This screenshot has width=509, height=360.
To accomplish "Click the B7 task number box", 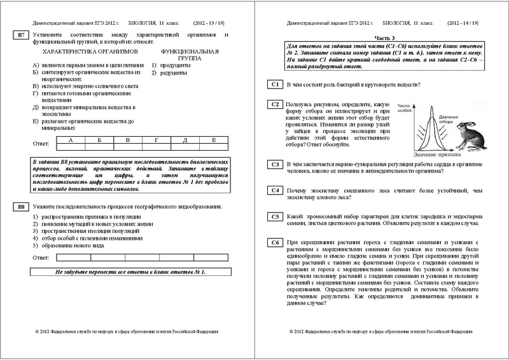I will (20, 36).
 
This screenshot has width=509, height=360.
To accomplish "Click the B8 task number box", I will (20, 207).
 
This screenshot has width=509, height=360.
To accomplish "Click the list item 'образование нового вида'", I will (70, 246).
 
